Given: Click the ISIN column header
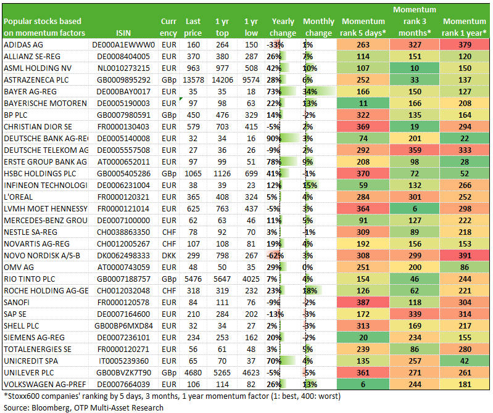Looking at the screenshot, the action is coord(123,33).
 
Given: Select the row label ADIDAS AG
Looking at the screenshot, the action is coord(23,45).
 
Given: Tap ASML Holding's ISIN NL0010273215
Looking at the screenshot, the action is coord(123,68).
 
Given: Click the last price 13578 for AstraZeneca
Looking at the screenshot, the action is coord(193,80).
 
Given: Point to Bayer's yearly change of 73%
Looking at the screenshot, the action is coord(273,92).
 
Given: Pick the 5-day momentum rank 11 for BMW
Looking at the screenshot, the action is coord(363,104).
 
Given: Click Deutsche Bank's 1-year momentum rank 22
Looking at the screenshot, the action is coord(465,139).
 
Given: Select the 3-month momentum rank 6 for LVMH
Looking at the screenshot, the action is coord(415,209).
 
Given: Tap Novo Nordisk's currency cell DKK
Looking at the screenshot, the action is coord(169,256).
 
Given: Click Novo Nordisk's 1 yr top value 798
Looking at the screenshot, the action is coord(222,256).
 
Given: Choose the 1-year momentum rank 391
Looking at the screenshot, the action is coord(465,256).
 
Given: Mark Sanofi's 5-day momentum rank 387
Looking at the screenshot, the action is coord(363,303).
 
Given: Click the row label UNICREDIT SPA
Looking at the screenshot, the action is coord(31,361).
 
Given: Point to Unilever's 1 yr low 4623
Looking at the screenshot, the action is coord(251,373).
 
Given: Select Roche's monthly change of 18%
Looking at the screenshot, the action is coord(310,291).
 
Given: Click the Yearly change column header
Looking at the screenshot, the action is coord(283,27).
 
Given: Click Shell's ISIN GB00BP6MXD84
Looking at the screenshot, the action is coord(123,326).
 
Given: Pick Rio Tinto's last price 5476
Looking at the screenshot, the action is coord(193,279).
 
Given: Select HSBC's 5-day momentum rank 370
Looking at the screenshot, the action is coord(363,174).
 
